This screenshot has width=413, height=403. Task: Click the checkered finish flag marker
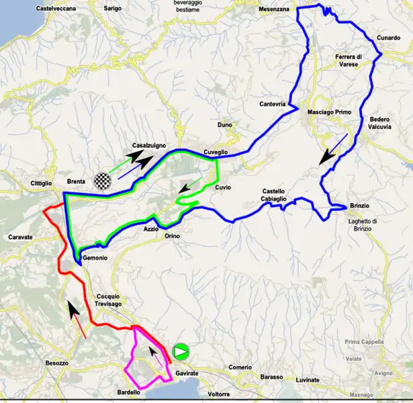coord(101,180)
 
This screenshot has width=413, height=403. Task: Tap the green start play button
coord(181,351)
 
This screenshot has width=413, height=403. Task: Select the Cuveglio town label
coord(216,152)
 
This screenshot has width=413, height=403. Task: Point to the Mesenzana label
coord(274,9)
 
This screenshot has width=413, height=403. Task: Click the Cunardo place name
coord(388,38)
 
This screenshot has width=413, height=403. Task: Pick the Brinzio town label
coord(361,205)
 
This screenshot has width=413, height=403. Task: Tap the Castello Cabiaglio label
coord(278,195)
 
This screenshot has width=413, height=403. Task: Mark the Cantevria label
coord(273,104)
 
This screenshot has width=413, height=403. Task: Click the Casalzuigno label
coord(149,145)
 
